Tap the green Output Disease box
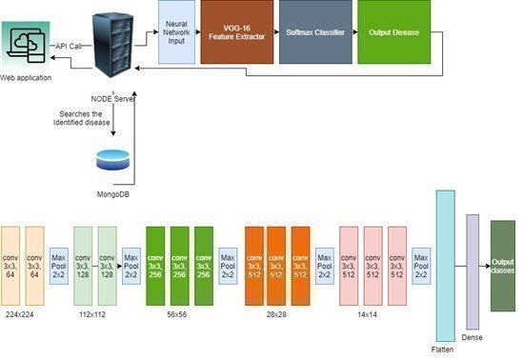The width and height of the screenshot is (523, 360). click(392, 32)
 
